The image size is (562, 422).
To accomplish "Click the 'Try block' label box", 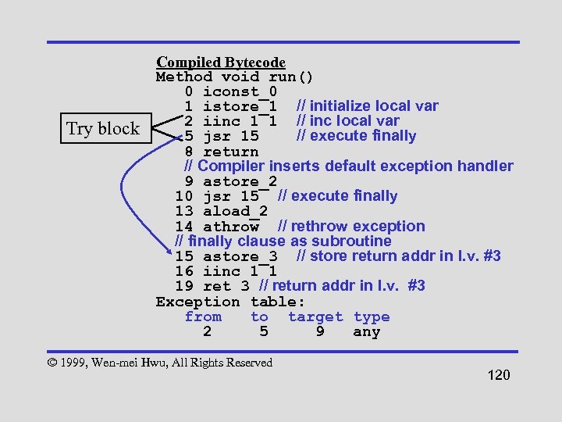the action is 103,129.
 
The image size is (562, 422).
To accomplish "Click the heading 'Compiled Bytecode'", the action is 221,63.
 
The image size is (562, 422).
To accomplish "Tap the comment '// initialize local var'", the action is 368,106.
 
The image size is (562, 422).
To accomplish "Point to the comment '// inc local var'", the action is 348,121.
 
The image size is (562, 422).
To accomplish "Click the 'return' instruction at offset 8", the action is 230,152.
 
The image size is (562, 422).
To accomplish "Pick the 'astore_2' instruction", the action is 240,181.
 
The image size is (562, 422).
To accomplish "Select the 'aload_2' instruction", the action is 235,212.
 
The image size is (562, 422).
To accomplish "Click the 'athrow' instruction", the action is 230,227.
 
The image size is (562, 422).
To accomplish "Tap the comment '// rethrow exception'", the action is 352,227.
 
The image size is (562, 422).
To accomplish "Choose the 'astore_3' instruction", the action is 240,256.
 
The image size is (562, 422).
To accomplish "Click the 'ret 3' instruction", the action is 226,286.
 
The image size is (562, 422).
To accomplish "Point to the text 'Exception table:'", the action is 230,302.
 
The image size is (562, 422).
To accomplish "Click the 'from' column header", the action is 203,316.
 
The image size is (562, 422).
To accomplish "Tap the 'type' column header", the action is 372,316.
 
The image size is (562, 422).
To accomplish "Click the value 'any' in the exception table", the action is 366,332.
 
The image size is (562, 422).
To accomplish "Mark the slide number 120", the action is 498,376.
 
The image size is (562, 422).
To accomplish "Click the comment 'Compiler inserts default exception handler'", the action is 355,166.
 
